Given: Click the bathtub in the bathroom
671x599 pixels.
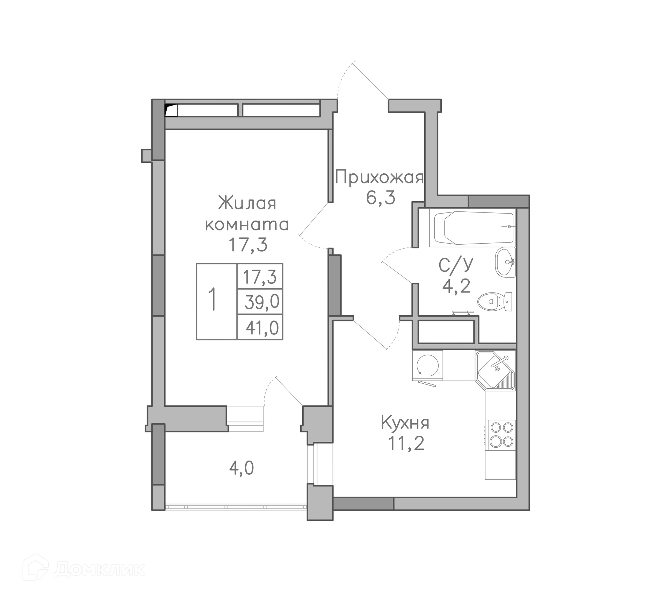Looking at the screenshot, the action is (474, 228).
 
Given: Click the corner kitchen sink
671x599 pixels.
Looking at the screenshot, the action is (495, 370).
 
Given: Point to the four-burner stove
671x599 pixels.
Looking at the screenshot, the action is (501, 434).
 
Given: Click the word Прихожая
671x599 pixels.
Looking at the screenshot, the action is (379, 177).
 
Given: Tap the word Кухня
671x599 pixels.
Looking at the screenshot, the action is (405, 423).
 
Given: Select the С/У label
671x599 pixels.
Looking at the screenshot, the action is (456, 265).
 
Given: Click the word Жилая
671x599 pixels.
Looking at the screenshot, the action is (247, 203).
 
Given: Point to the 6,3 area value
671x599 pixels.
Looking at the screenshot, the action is (381, 198).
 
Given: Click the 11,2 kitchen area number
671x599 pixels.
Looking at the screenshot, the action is (406, 443).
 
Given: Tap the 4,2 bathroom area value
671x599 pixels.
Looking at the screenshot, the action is (456, 287).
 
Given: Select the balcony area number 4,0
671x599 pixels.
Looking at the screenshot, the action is (241, 468).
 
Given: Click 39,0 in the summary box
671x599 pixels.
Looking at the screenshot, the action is (262, 302).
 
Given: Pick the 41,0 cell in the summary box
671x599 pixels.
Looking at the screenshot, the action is (262, 328).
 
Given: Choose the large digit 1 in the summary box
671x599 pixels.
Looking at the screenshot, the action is (212, 299).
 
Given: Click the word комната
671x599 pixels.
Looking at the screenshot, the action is (247, 224).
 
